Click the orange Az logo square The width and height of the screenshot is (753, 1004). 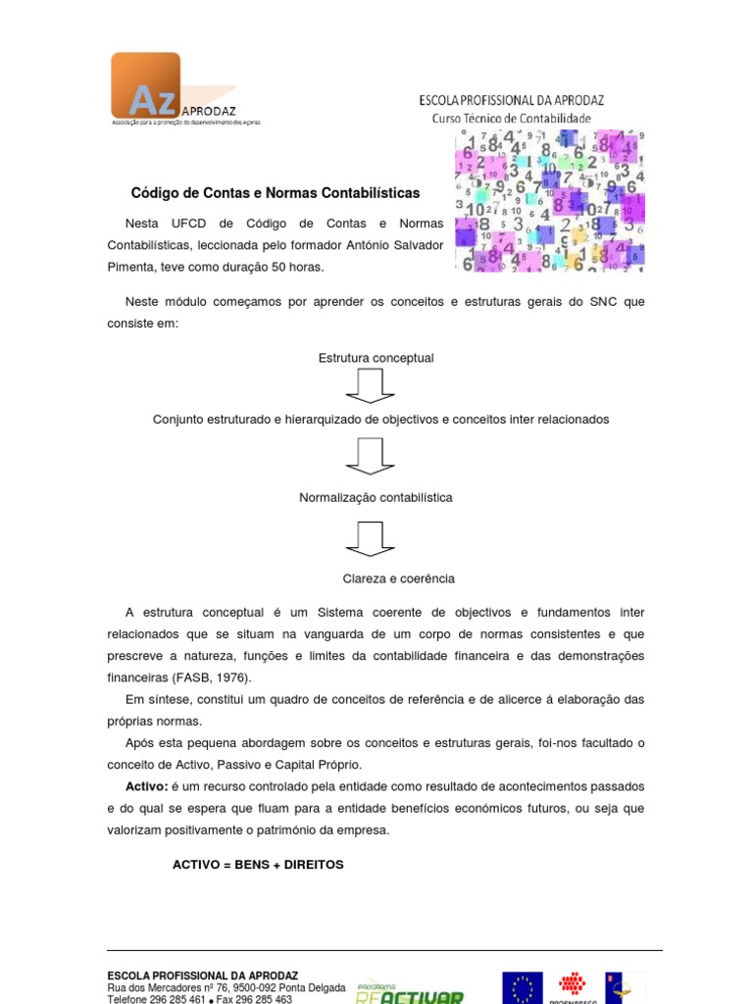(x=145, y=85)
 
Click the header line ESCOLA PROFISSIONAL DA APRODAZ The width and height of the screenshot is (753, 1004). (x=511, y=100)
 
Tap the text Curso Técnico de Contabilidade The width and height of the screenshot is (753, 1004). (x=512, y=118)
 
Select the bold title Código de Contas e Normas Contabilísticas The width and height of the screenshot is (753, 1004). (x=276, y=193)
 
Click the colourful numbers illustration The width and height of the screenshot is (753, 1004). (x=549, y=201)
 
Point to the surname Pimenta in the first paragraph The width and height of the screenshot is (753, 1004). (x=130, y=267)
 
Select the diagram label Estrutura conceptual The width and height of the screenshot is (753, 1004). (x=376, y=358)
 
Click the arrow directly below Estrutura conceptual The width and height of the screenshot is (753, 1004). (x=371, y=386)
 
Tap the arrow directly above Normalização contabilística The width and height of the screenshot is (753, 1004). (x=371, y=457)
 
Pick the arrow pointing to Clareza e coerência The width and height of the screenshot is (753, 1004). (x=371, y=538)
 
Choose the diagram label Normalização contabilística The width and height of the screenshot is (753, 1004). (x=376, y=497)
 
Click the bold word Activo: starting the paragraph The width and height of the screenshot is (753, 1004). (x=147, y=786)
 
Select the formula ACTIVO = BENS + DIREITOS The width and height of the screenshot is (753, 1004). (x=258, y=865)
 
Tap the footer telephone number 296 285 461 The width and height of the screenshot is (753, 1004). (x=178, y=999)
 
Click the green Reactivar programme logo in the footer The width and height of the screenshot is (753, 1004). (x=409, y=992)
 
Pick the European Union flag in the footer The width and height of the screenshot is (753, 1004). (x=522, y=987)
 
